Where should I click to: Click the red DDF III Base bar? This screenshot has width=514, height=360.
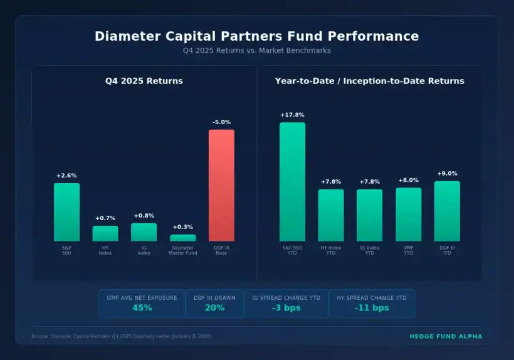pos(221,186)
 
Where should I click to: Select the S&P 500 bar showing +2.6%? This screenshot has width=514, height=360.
pos(66,212)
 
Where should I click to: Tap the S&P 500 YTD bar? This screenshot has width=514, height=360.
pos(292,182)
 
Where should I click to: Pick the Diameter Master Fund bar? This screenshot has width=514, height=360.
pos(182,238)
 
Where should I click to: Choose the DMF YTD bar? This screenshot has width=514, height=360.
pos(408,214)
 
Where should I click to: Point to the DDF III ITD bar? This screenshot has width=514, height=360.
pos(447,211)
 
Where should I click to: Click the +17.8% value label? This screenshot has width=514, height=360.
pos(292,115)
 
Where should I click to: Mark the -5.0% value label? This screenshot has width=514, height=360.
pos(221,122)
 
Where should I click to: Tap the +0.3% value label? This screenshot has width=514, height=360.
pos(182,227)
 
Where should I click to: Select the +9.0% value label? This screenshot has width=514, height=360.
pos(447,174)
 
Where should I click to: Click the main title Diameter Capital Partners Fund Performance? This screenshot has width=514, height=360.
pos(257,36)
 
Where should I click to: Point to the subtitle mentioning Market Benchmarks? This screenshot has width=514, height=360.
pos(257,51)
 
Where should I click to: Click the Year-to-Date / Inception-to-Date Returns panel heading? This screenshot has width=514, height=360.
pos(370,81)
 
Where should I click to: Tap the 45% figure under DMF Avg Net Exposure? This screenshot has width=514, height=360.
pos(142,308)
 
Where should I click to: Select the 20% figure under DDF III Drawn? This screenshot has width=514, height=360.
pos(214,308)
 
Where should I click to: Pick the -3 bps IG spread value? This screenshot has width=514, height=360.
pos(286,308)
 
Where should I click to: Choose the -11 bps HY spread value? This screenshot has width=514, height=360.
pos(372,308)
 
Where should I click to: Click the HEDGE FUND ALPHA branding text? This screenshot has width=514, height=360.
pos(446,337)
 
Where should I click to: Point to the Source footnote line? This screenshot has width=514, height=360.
pos(122,337)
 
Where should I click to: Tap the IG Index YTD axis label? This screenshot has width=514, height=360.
pos(370,250)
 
